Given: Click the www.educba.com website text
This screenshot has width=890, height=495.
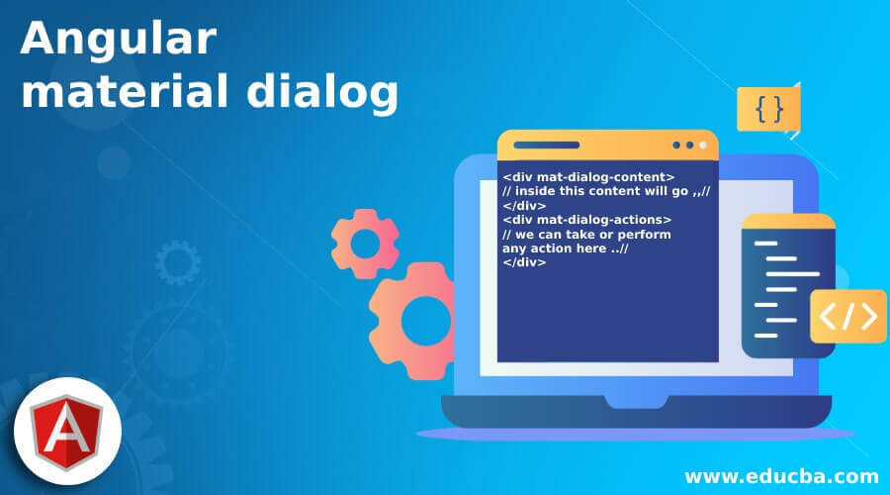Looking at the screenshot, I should [780, 476].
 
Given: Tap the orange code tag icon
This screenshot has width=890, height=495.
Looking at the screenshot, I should [847, 316].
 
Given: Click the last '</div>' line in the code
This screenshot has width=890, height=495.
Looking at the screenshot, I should [524, 262].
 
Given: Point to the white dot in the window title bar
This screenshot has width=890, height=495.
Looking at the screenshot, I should [703, 146].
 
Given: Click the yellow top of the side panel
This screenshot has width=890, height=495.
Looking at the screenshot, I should [788, 222].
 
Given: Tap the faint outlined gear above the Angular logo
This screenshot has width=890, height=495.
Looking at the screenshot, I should [178, 261].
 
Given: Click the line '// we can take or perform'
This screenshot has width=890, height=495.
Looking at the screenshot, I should [586, 235].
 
